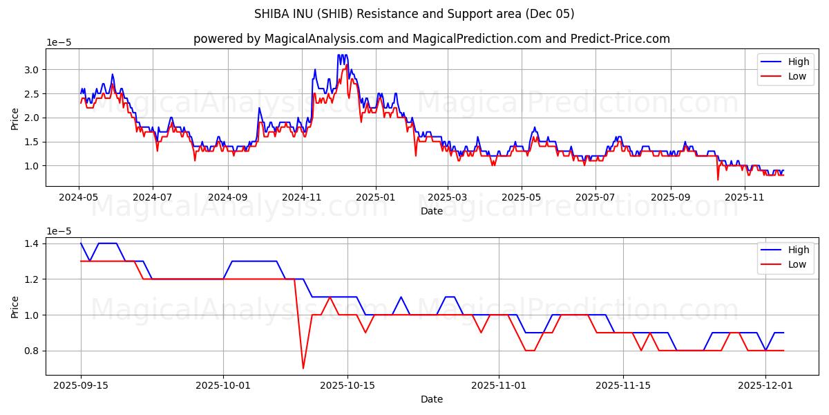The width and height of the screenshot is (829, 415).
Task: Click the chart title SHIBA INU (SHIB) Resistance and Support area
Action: tap(414, 14)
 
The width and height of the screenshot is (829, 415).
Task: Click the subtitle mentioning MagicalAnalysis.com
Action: tap(431, 39)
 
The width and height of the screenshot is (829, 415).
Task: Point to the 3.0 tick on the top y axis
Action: tap(31, 70)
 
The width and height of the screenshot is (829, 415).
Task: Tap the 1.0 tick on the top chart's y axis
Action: tap(31, 166)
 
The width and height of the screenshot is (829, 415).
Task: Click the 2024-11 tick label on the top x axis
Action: tap(302, 197)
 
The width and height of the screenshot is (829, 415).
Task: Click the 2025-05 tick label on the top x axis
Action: tap(521, 197)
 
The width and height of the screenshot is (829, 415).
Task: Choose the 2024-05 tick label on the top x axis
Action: tap(79, 197)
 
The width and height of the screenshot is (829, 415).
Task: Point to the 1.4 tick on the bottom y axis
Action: tap(31, 243)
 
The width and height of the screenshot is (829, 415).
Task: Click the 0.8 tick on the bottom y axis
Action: tap(31, 351)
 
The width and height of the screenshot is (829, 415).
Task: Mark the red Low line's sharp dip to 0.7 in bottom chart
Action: tap(303, 368)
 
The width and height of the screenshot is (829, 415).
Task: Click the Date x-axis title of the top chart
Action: tap(431, 211)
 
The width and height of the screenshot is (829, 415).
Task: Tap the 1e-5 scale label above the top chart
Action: tap(59, 43)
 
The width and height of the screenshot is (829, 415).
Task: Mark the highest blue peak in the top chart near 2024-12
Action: tap(339, 55)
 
